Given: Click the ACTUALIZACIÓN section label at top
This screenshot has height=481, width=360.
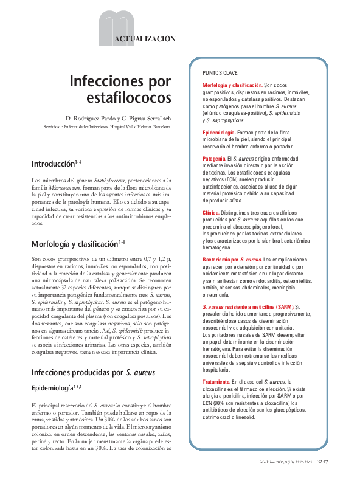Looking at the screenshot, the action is [x=145, y=38].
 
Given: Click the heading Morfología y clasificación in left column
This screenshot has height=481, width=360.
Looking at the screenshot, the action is [x=74, y=244].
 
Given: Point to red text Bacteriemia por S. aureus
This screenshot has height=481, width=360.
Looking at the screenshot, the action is [x=231, y=260].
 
